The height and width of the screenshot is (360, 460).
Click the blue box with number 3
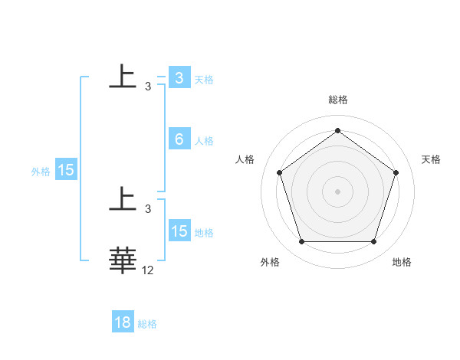pyautogui.click(x=179, y=78)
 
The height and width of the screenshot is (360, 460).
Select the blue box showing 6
pyautogui.click(x=179, y=139)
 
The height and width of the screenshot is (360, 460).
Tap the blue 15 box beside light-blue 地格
pyautogui.click(x=179, y=231)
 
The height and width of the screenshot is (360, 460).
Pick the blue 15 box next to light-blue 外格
pyautogui.click(x=66, y=170)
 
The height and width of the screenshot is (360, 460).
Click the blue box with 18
pyautogui.click(x=123, y=322)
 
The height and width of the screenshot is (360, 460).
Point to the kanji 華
pyautogui.click(x=123, y=260)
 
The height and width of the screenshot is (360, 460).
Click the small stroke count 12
pyautogui.click(x=148, y=270)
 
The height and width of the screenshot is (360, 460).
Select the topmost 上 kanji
pyautogui.click(x=123, y=77)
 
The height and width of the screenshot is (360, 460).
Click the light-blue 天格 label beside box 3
pyautogui.click(x=204, y=79)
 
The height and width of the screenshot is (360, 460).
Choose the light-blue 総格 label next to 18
pyautogui.click(x=147, y=324)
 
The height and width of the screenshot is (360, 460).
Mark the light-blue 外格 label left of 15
pyautogui.click(x=41, y=172)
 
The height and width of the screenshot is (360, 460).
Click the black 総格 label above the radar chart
pyautogui.click(x=337, y=100)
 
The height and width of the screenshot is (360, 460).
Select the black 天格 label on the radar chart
pyautogui.click(x=432, y=159)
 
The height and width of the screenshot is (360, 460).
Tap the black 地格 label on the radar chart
pyautogui.click(x=402, y=262)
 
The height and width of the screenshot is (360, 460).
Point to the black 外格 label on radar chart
pyautogui.click(x=270, y=262)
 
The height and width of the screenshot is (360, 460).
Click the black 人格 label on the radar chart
pyautogui.click(x=245, y=159)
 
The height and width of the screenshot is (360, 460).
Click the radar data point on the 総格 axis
pyautogui.click(x=337, y=130)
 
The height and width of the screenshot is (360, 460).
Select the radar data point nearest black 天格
pyautogui.click(x=396, y=172)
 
